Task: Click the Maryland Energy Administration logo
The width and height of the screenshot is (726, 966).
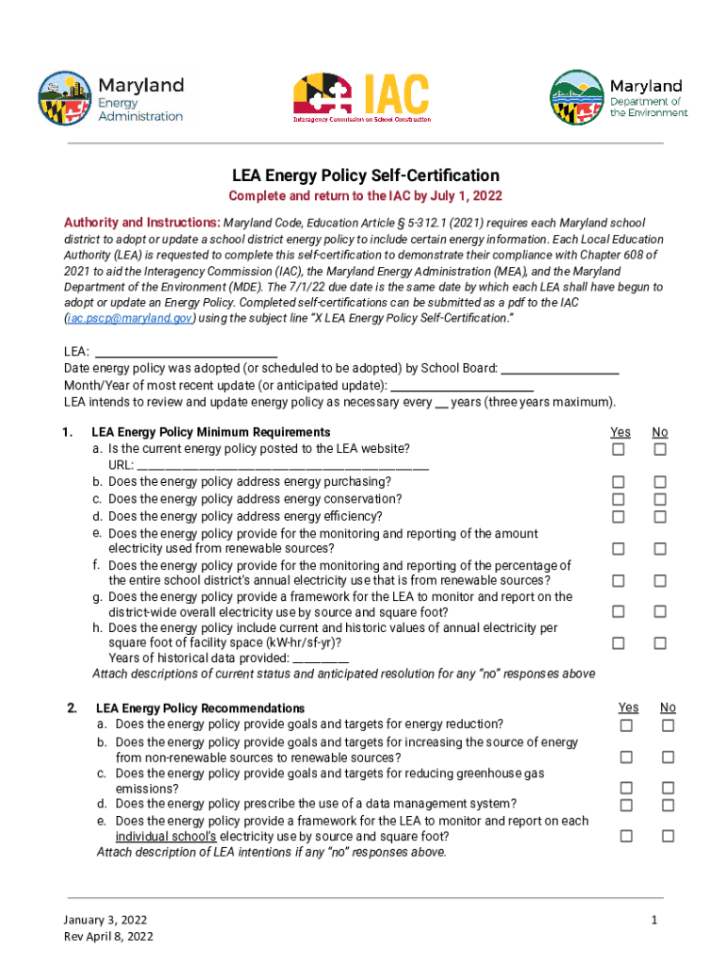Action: tap(110, 98)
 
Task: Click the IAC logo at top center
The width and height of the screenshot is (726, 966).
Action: tap(361, 98)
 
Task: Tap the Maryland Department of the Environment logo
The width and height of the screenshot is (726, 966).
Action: tap(619, 98)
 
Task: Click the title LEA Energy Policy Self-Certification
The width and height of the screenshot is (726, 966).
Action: tap(366, 175)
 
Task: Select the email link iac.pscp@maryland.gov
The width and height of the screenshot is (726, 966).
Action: tap(129, 319)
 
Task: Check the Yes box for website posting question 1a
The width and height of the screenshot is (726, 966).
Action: tap(619, 450)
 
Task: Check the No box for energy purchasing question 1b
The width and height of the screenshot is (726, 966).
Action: tap(660, 482)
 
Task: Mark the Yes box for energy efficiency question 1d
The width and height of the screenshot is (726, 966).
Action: tap(619, 516)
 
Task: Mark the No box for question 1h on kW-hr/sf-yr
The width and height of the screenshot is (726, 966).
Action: tap(660, 643)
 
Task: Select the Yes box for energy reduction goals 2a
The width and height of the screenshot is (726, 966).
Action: tap(626, 725)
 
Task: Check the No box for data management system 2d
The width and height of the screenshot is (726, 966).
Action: tap(668, 805)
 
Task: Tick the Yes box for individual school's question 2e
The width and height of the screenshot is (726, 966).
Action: tap(626, 836)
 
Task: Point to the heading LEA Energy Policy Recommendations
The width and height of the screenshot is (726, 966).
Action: tap(200, 708)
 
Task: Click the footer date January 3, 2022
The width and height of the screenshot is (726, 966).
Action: tap(106, 920)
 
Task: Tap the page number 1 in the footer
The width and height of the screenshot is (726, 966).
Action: tap(653, 920)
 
